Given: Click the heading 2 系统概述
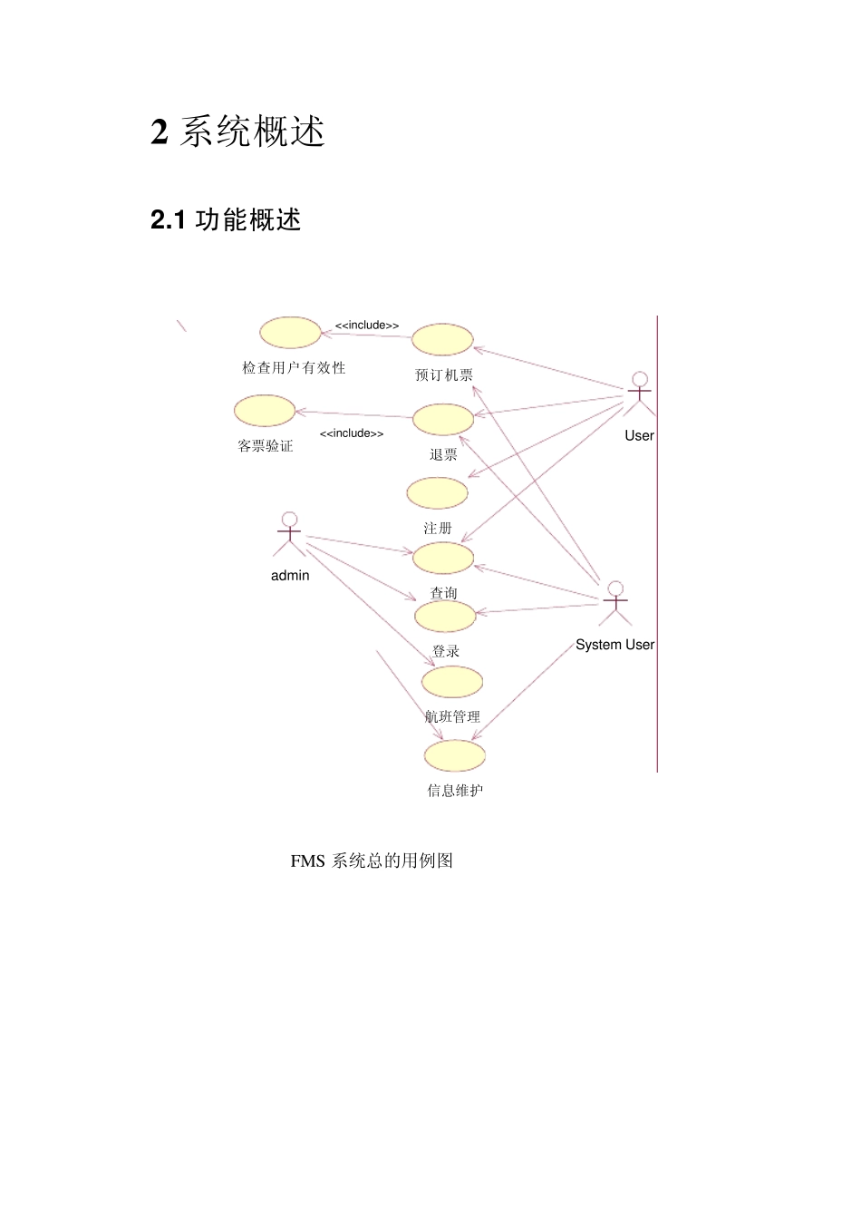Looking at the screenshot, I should tap(237, 132).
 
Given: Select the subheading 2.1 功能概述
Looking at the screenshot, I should tap(226, 219).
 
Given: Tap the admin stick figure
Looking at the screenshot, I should tap(289, 534).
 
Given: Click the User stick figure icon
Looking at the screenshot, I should tap(640, 394).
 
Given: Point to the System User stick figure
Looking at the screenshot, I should tap(615, 603).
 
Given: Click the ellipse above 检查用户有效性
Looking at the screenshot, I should tap(291, 333).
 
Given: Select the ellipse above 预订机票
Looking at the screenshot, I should tap(442, 339).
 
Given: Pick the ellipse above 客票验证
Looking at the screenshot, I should tap(265, 411).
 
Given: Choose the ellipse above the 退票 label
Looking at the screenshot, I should tap(443, 419).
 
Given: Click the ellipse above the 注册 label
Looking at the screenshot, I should tap(438, 492).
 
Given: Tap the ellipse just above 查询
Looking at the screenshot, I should tap(443, 558).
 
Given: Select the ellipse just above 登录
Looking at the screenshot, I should tap(445, 617).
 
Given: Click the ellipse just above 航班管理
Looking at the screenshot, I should tap(452, 682).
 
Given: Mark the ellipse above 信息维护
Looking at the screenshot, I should tap(455, 755).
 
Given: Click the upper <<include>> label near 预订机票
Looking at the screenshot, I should tap(367, 326).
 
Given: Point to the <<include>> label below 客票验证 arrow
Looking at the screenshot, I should tap(352, 433).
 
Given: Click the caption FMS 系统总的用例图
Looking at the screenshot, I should tap(372, 861).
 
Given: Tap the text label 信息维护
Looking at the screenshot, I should tap(455, 791).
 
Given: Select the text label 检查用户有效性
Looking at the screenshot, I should tap(294, 368).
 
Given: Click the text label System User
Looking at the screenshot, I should tap(614, 645).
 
